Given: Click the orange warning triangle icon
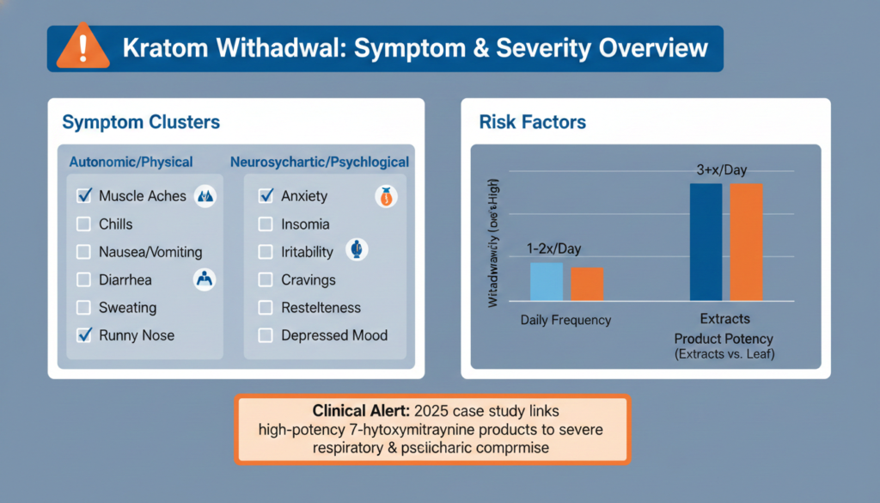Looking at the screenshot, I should coord(82,48).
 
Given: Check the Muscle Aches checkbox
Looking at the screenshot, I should coord(84,196).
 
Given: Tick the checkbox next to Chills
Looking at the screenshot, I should coord(84,224).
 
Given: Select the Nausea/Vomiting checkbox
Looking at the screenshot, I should coord(84,253).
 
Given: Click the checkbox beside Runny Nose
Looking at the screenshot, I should coord(84,335).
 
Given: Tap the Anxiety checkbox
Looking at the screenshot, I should coord(266,196).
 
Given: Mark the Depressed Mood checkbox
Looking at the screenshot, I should coord(266,335).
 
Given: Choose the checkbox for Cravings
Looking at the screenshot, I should coord(266,280).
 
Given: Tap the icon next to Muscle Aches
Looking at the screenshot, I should coord(205,196).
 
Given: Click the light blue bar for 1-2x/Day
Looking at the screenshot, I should coord(546,281).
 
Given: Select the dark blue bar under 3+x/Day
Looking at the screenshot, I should coord(706,242).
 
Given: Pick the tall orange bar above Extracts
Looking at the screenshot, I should coord(746,242).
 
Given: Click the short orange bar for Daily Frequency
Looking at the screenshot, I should coord(587,284).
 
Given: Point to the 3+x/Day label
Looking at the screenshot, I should coord(721,170).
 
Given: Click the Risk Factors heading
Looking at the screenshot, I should coord(533,123).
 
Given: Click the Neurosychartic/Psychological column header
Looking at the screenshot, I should coord(320,162).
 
